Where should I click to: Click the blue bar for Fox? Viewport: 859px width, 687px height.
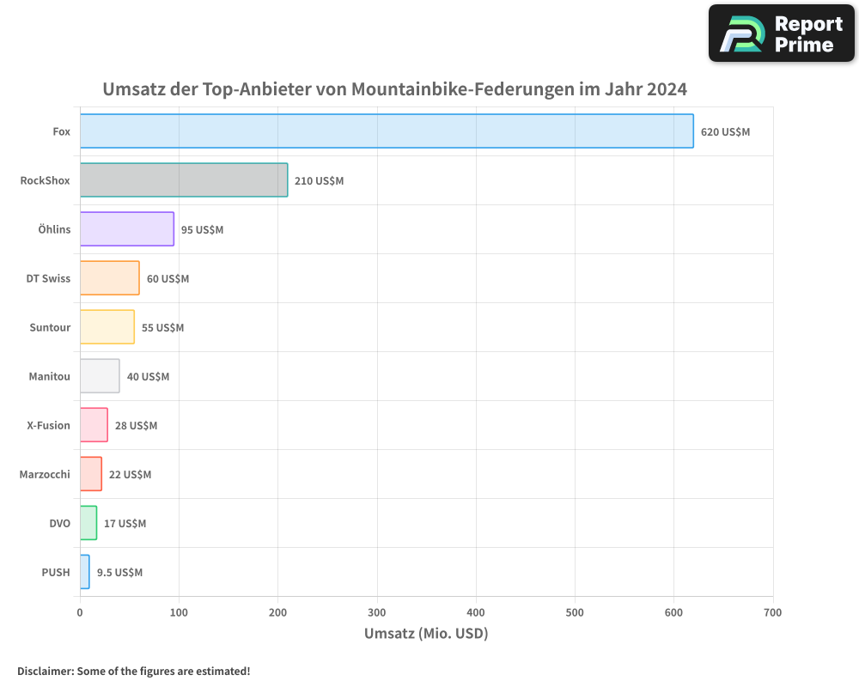tap(387, 131)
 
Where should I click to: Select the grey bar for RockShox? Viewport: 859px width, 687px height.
tap(184, 180)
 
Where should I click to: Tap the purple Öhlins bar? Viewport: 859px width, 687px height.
tap(127, 229)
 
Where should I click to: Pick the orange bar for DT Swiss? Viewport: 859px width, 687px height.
tap(110, 278)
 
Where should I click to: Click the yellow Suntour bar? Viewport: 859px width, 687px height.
tap(107, 327)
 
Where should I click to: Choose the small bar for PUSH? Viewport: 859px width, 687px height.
tap(84, 572)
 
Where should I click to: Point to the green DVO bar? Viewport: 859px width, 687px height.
tap(88, 523)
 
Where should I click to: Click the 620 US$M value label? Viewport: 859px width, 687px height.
tap(725, 132)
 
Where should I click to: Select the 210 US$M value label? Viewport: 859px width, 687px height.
tap(319, 181)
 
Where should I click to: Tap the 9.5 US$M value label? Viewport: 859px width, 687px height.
tap(119, 573)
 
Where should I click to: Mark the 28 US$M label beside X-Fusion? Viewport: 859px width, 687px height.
tap(136, 426)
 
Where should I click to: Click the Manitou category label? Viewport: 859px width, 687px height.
tap(49, 376)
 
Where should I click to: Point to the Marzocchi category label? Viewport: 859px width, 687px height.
tap(45, 474)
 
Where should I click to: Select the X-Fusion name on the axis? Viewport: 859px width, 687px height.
tap(48, 425)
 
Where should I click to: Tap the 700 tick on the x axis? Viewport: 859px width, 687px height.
tap(773, 612)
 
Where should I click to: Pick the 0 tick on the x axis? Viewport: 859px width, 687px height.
tap(80, 612)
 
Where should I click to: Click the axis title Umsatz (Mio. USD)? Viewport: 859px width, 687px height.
tap(426, 634)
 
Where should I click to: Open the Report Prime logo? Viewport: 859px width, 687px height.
tap(781, 33)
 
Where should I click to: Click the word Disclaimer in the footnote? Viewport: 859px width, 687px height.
tap(44, 671)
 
